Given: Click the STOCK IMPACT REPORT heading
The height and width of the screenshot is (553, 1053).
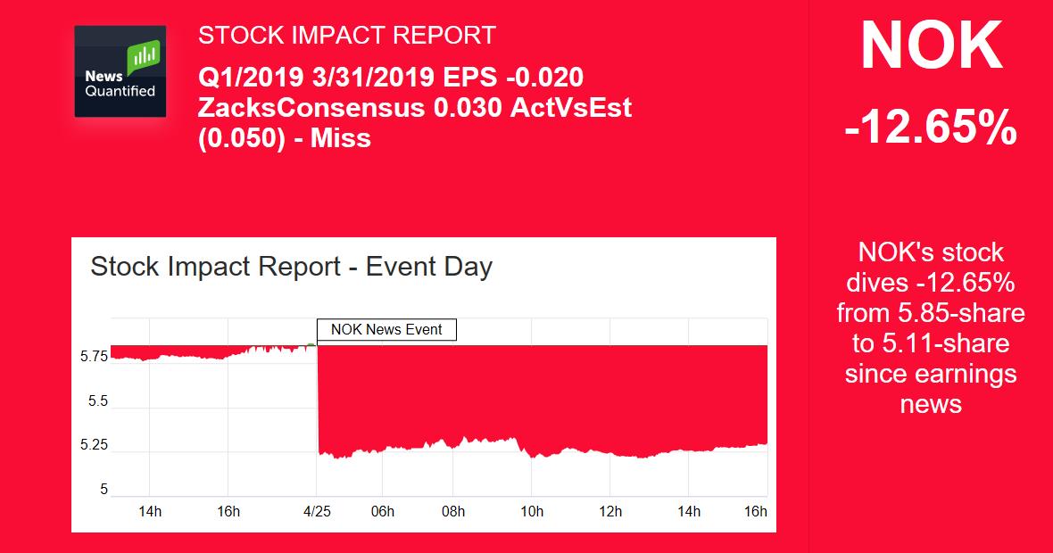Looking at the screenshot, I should click(346, 36).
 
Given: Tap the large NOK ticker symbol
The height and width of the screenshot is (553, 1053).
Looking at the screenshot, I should click(931, 47).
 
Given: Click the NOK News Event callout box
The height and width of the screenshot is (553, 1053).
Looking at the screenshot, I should click(386, 329).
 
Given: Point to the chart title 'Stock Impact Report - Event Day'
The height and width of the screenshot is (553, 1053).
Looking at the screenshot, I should click(291, 267).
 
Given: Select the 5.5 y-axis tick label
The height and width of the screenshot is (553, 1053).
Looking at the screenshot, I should click(97, 401).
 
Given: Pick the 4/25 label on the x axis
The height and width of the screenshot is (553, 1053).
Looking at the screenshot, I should click(317, 511).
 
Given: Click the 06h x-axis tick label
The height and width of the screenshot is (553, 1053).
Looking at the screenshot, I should click(382, 511).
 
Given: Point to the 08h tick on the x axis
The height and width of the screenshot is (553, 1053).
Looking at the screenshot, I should click(453, 511).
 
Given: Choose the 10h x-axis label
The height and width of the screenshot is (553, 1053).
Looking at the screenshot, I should click(531, 511).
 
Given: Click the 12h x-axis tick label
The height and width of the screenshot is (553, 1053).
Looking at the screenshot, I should click(610, 511).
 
